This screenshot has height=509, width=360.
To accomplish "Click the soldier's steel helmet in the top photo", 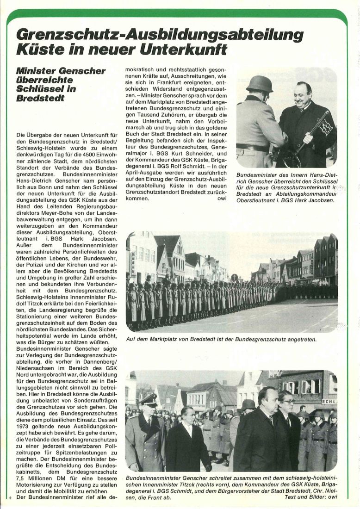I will coord(259,84).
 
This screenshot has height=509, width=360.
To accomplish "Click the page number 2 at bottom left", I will coord(10,497).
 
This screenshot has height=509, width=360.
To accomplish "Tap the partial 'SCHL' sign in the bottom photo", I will coord(329,402).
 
